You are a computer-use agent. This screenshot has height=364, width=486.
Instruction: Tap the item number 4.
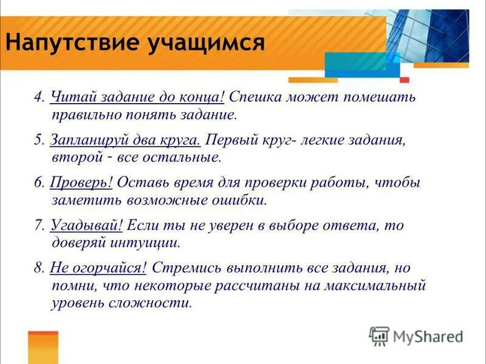pyautogui.click(x=38, y=97)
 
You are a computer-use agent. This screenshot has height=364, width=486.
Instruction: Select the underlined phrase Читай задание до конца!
pyautogui.click(x=138, y=96)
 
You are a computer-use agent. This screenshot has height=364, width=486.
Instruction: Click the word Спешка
pyautogui.click(x=255, y=96)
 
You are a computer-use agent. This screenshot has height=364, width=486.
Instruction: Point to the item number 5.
pyautogui.click(x=38, y=140)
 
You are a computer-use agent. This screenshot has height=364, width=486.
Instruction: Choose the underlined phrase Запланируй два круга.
pyautogui.click(x=125, y=140)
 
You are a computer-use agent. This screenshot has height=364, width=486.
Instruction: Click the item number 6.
pyautogui.click(x=38, y=183)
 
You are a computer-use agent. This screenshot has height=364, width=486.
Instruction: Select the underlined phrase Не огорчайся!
pyautogui.click(x=98, y=268)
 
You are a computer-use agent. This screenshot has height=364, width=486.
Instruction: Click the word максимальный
pyautogui.click(x=380, y=285)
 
